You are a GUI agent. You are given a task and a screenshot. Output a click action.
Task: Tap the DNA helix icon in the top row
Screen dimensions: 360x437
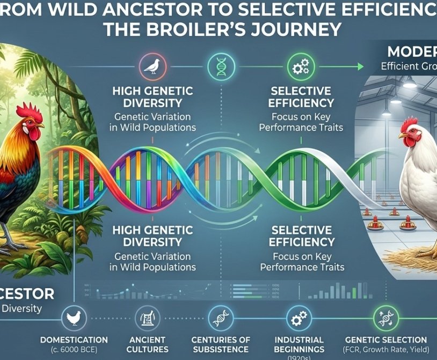point(221,66)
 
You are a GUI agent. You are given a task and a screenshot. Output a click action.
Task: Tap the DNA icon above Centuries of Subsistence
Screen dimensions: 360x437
point(221,318)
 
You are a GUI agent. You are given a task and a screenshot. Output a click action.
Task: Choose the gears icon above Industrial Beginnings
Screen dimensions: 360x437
point(298,318)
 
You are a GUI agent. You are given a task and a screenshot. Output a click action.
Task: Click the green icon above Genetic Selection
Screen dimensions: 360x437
point(386,318)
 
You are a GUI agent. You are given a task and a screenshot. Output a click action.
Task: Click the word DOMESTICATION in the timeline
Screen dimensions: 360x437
point(74,340)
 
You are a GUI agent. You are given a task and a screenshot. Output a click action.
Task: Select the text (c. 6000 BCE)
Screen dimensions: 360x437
point(74,350)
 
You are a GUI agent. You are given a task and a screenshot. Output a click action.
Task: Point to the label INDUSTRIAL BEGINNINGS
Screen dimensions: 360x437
point(298,344)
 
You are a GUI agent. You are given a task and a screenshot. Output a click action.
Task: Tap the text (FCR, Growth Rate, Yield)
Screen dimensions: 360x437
point(386,350)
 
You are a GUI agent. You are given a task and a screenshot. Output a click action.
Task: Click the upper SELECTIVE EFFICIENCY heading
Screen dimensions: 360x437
point(301,97)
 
